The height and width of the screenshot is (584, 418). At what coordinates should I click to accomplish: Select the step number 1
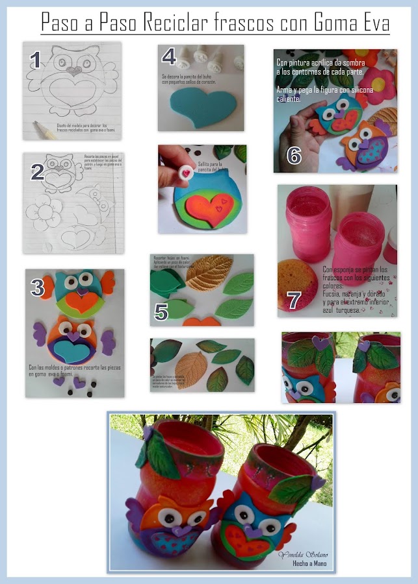(37, 60)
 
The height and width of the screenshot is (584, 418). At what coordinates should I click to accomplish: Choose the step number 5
(162, 311)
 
